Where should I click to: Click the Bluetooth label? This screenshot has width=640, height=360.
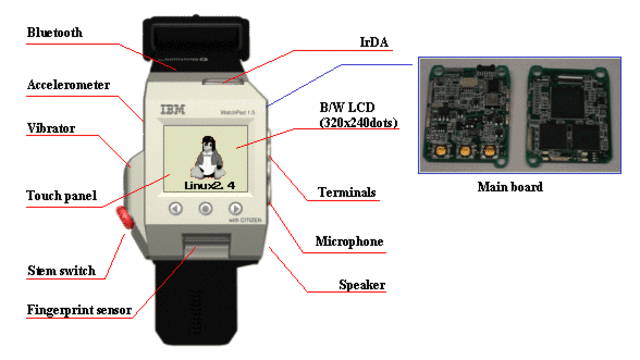pyautogui.click(x=54, y=33)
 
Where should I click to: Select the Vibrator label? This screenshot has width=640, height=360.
pyautogui.click(x=51, y=129)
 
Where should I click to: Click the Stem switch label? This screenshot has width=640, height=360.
pyautogui.click(x=61, y=270)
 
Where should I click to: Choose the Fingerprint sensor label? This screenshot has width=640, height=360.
pyautogui.click(x=78, y=310)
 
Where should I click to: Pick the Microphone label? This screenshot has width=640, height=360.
pyautogui.click(x=349, y=241)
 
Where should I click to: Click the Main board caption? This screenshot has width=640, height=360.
pyautogui.click(x=510, y=186)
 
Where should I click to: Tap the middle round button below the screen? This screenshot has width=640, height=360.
pyautogui.click(x=206, y=209)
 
